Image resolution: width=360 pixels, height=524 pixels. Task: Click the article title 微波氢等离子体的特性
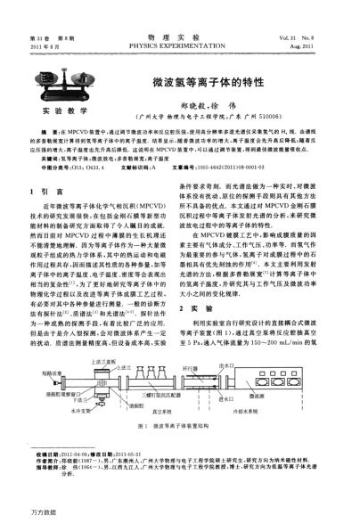pyautogui.click(x=209, y=81)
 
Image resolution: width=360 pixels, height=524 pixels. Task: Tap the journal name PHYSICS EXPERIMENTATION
pyautogui.click(x=179, y=42)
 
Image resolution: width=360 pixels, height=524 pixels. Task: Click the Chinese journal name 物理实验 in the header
pyautogui.click(x=179, y=33)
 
